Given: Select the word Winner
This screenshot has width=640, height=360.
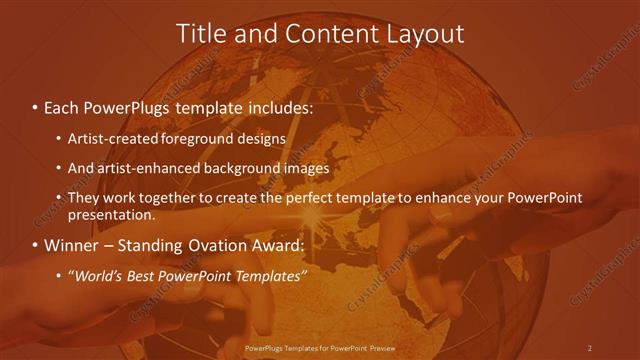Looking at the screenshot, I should click(x=71, y=245).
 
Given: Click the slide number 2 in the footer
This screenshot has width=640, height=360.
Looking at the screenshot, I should click(x=590, y=347).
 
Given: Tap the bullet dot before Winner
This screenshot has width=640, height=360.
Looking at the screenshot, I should click(x=35, y=245).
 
